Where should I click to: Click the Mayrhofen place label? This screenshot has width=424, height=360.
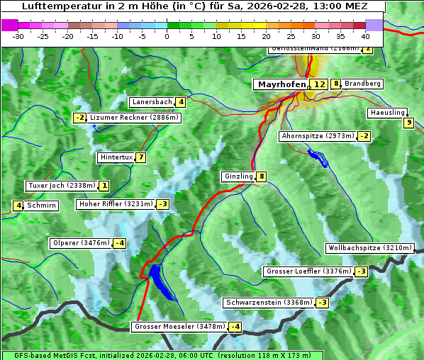[281, 84]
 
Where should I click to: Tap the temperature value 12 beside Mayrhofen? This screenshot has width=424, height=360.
[320, 84]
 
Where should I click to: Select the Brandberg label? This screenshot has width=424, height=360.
[363, 84]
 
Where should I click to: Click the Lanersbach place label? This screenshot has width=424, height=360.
[152, 102]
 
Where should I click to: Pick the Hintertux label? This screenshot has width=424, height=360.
[116, 157]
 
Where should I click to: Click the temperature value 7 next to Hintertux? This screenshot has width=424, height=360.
[141, 157]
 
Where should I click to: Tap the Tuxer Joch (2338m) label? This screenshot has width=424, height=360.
[61, 186]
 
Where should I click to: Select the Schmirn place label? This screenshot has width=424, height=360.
[42, 206]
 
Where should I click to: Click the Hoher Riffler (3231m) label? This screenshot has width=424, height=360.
[115, 204]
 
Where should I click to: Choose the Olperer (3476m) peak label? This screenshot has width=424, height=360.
[81, 243]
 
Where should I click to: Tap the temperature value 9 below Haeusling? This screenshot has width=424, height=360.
[408, 123]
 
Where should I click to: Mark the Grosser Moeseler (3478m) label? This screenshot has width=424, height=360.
[179, 327]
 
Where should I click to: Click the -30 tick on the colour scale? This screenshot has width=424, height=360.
[18, 35]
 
